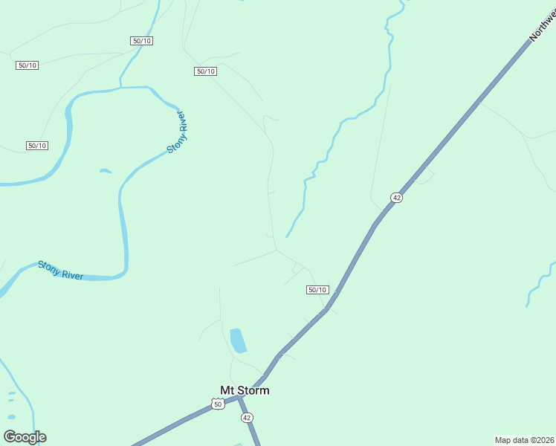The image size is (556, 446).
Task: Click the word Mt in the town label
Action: pos(227,390)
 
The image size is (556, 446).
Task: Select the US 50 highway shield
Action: pos(217,404)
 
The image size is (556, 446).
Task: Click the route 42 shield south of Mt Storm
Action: pos(247,418)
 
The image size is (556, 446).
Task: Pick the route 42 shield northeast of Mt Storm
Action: pos(396,198)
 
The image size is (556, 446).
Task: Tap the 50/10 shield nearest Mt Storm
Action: pos(317,290)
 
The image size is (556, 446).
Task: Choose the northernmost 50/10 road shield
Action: pos(141,41)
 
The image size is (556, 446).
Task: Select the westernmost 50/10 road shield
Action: pos(27,65)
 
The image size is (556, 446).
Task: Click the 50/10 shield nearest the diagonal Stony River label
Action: pos(205,71)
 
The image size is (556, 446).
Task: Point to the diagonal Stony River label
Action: pos(175,132)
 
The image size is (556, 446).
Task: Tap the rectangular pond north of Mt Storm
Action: pos(238,340)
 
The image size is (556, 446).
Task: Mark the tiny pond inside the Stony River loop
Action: pos(106,171)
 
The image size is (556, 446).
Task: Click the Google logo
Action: pos(25,437)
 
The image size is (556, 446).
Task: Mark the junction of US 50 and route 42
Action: pos(239,398)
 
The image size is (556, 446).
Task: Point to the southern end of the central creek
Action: pos(287,236)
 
